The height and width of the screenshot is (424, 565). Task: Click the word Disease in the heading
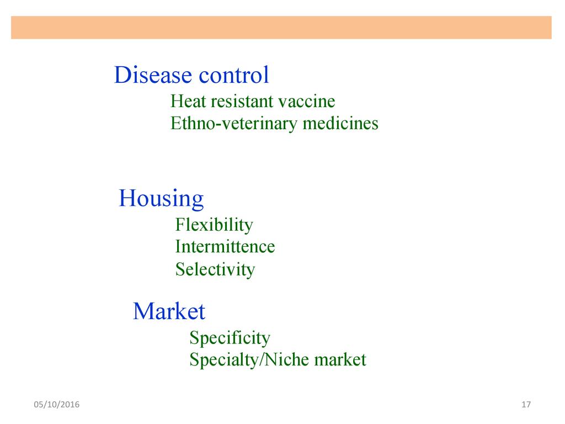pos(153,75)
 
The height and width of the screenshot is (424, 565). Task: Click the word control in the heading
pos(234,75)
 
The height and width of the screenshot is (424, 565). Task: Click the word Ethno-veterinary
pos(234,124)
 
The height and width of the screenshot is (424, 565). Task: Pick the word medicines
pos(340,123)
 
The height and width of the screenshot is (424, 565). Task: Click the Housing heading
pos(162,199)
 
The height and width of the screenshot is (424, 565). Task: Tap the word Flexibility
pos(214,225)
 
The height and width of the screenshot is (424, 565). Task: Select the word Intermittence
pos(225,247)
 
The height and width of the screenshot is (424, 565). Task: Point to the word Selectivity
pos(215,269)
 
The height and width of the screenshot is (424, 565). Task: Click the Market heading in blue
pos(169,311)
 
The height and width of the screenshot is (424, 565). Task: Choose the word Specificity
pos(230,338)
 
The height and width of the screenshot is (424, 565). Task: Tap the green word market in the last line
pos(340,360)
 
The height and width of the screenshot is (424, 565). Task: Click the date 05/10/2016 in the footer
pos(57,405)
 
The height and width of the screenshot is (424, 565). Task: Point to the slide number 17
pos(526,405)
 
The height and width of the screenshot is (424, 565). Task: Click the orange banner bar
pos(281,28)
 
